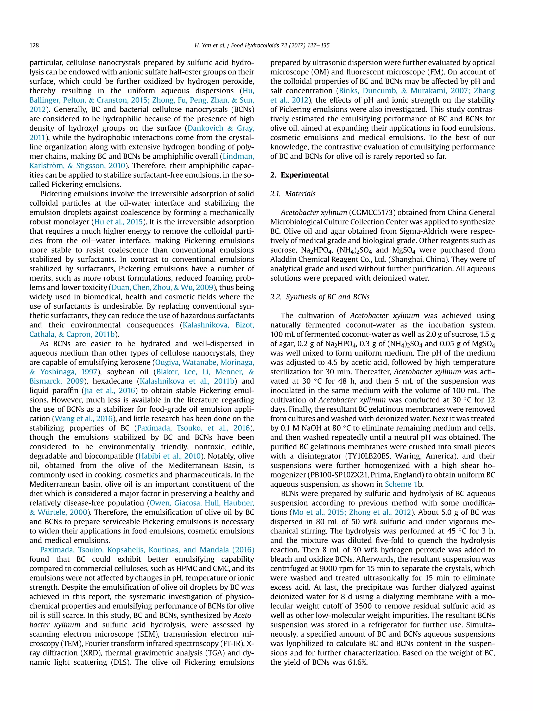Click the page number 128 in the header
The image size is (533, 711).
pyautogui.click(x=34, y=45)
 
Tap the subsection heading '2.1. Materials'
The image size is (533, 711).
pyautogui.click(x=293, y=194)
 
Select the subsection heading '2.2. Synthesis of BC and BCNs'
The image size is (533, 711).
pyautogui.click(x=320, y=297)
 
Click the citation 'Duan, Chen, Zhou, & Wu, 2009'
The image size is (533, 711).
pyautogui.click(x=162, y=287)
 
